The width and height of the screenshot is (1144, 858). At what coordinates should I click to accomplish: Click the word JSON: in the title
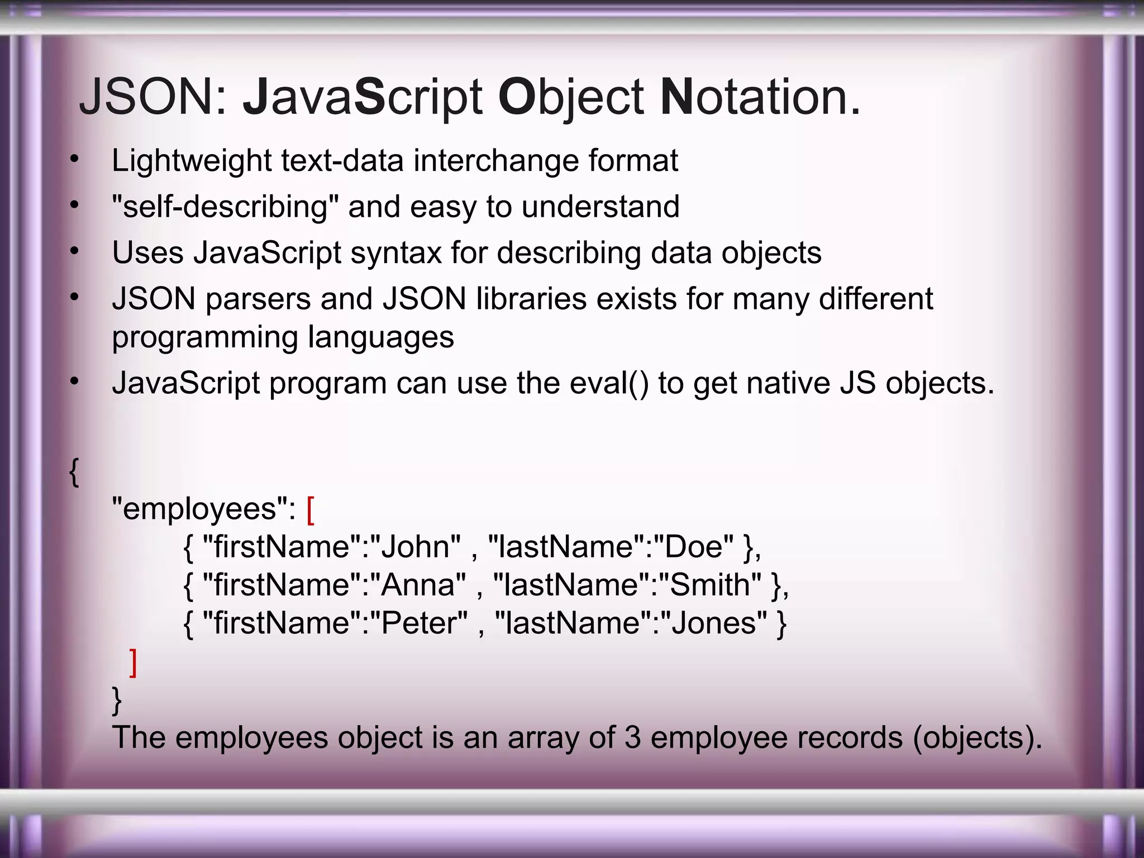pos(154,97)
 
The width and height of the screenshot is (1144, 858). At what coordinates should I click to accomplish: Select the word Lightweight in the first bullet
pos(192,161)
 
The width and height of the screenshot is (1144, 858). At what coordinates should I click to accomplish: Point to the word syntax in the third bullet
pos(396,253)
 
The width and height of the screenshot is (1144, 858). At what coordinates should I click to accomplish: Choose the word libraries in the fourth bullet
pos(531,299)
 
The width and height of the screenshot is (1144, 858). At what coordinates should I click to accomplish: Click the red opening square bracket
pos(311,510)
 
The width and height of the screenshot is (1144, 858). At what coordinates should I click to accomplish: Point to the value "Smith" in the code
pos(710,585)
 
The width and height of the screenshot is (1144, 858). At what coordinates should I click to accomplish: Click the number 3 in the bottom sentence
pos(632,737)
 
